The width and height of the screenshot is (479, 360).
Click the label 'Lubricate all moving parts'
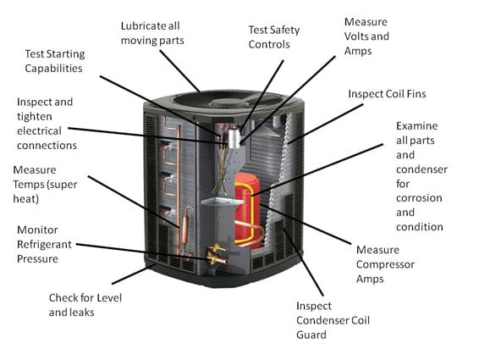pyautogui.click(x=163, y=33)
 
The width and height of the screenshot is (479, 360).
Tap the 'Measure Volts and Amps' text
pyautogui.click(x=366, y=36)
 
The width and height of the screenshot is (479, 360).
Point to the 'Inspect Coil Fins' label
pyautogui.click(x=388, y=93)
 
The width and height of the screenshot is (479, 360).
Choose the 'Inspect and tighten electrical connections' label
pyautogui.click(x=45, y=123)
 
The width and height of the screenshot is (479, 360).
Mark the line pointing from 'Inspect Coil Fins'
pyautogui.click(x=317, y=119)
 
